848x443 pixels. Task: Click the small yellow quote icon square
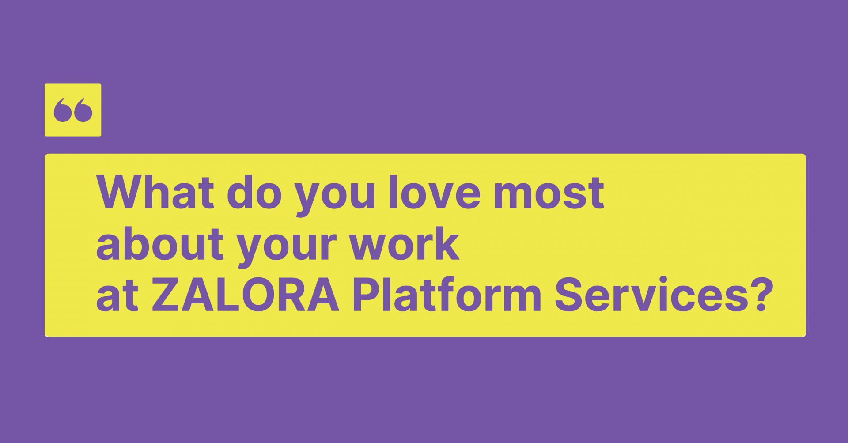(x=73, y=110)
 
